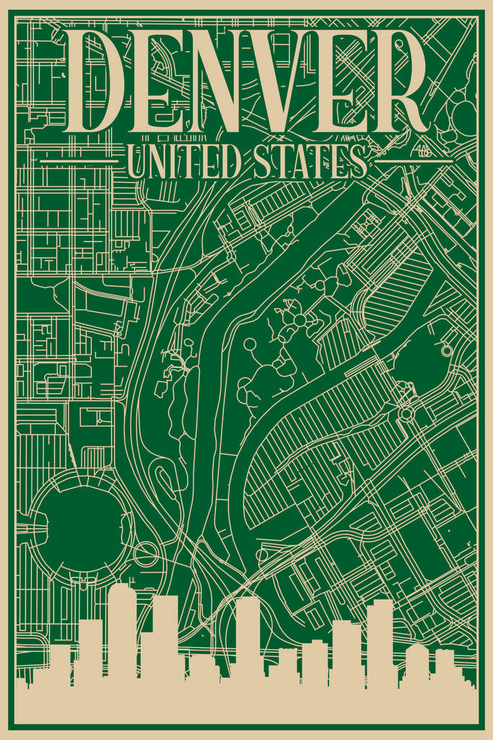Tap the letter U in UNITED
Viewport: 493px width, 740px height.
pos(138,161)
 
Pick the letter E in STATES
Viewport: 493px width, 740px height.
pos(338,161)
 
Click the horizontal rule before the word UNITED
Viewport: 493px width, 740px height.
pos(79,161)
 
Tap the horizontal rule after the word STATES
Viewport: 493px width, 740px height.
pos(414,161)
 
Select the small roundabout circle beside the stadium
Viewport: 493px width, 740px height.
pos(146,554)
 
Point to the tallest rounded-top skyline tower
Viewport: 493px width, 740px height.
pos(122,629)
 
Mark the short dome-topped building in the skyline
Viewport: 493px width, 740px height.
pos(417,661)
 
